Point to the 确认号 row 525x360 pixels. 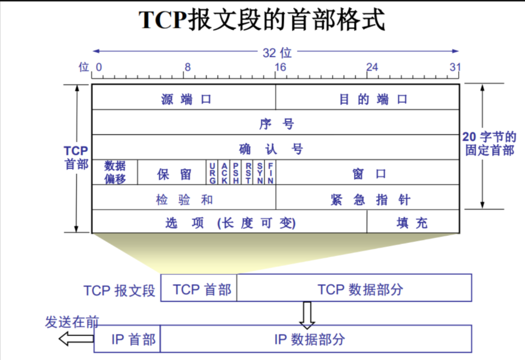click(276, 148)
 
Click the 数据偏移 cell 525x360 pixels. click(115, 172)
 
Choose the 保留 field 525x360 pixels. click(172, 173)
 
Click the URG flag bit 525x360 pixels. click(212, 173)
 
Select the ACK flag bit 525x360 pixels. click(224, 173)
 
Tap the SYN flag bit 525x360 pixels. click(260, 173)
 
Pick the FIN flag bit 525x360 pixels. click(271, 173)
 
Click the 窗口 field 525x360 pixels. click(368, 173)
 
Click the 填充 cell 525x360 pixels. click(412, 222)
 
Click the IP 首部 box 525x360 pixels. click(127, 339)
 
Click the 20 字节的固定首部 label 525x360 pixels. click(489, 144)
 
